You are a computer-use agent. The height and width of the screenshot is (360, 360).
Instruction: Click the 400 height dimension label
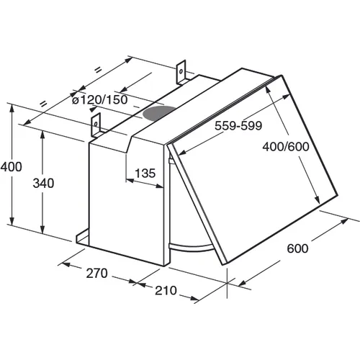[x=11, y=166]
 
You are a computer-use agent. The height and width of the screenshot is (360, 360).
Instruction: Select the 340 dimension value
[x=43, y=184]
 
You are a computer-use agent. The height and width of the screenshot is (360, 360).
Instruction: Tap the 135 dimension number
[x=145, y=173]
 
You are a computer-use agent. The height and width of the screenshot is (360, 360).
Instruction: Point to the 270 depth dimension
[x=96, y=273]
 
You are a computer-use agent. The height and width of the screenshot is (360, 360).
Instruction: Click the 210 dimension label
[x=166, y=290]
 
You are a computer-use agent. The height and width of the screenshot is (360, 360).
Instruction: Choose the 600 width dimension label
[x=297, y=248]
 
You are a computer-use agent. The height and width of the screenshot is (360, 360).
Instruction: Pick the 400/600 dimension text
[x=286, y=147]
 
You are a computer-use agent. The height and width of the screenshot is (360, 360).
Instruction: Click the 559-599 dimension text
[x=238, y=125]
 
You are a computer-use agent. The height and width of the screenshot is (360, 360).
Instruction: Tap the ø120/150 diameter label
[x=100, y=100]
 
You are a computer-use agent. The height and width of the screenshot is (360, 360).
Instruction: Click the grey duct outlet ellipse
[x=158, y=113]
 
